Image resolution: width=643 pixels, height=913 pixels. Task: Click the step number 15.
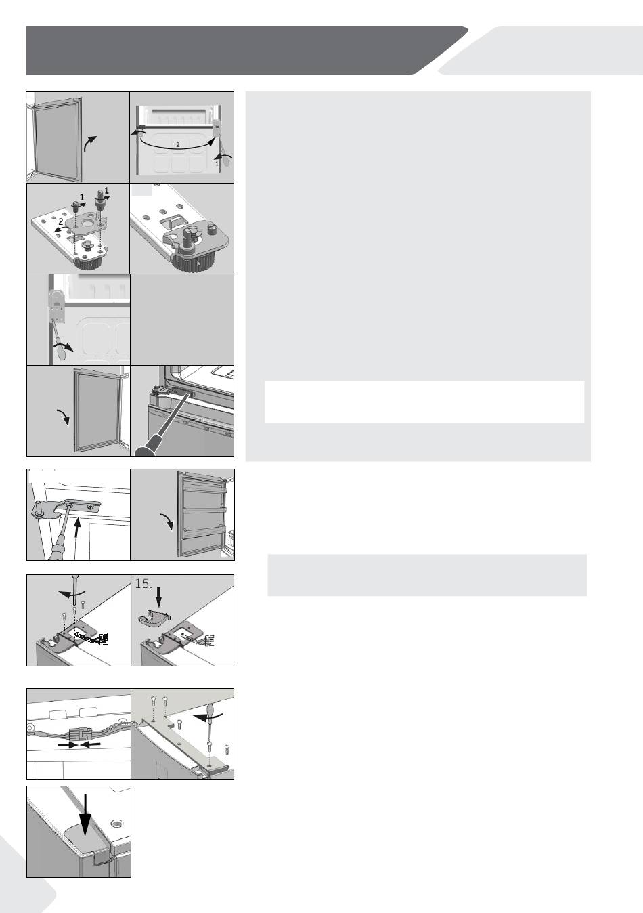pos(143,584)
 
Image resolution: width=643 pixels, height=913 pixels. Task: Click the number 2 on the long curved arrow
pos(178,144)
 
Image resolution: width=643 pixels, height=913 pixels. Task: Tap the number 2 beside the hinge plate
pos(61,221)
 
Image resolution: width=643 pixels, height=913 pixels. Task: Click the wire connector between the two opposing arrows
pos(79,734)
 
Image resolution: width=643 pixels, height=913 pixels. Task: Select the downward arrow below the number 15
pos(159,599)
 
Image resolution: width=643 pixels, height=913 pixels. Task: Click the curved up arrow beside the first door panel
pos(90,144)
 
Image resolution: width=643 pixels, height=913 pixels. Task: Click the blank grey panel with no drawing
pos(182,320)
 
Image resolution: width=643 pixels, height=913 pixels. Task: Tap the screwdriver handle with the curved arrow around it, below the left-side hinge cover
pos(60,350)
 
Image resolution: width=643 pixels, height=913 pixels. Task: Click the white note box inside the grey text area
pos(424,402)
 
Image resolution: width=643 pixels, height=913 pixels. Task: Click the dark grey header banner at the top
pos(244,51)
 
